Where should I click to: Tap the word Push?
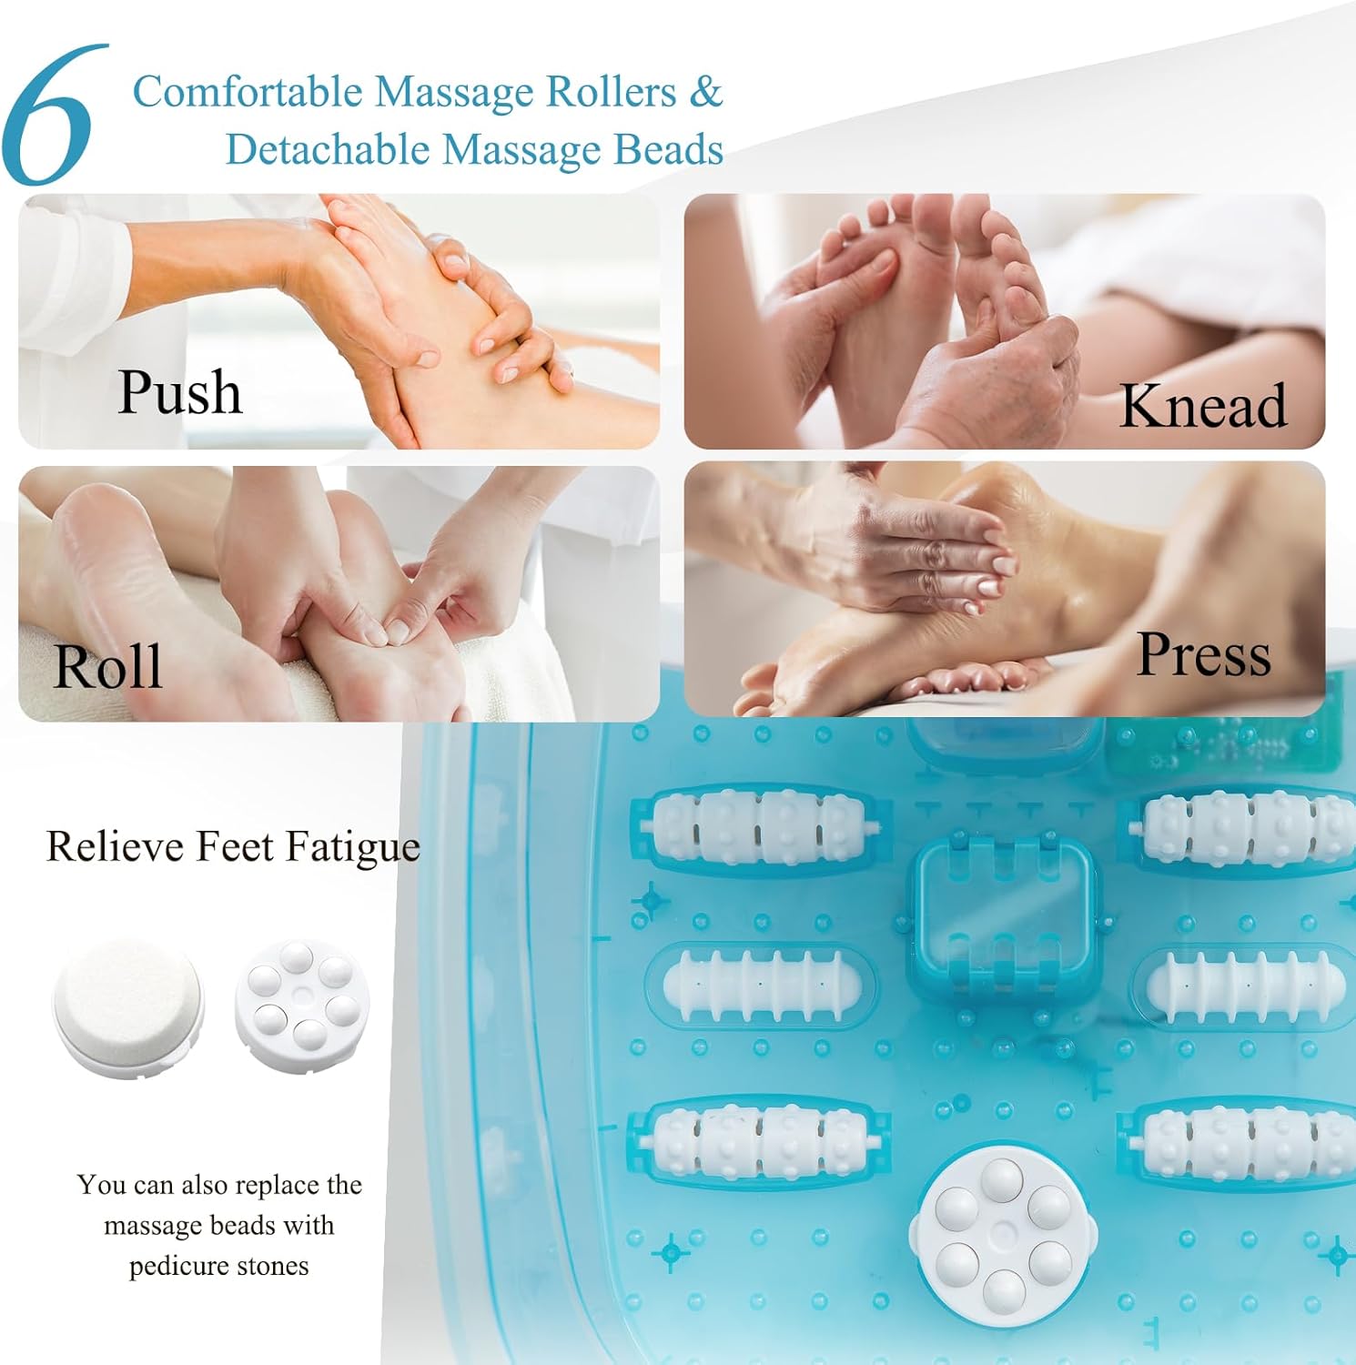click(x=180, y=393)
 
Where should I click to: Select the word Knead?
click(x=1203, y=405)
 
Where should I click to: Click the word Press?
click(x=1204, y=655)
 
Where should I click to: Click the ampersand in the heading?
click(x=705, y=92)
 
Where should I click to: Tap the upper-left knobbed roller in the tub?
click(x=760, y=827)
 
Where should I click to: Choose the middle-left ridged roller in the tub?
click(x=761, y=986)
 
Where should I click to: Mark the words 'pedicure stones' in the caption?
click(x=219, y=1266)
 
